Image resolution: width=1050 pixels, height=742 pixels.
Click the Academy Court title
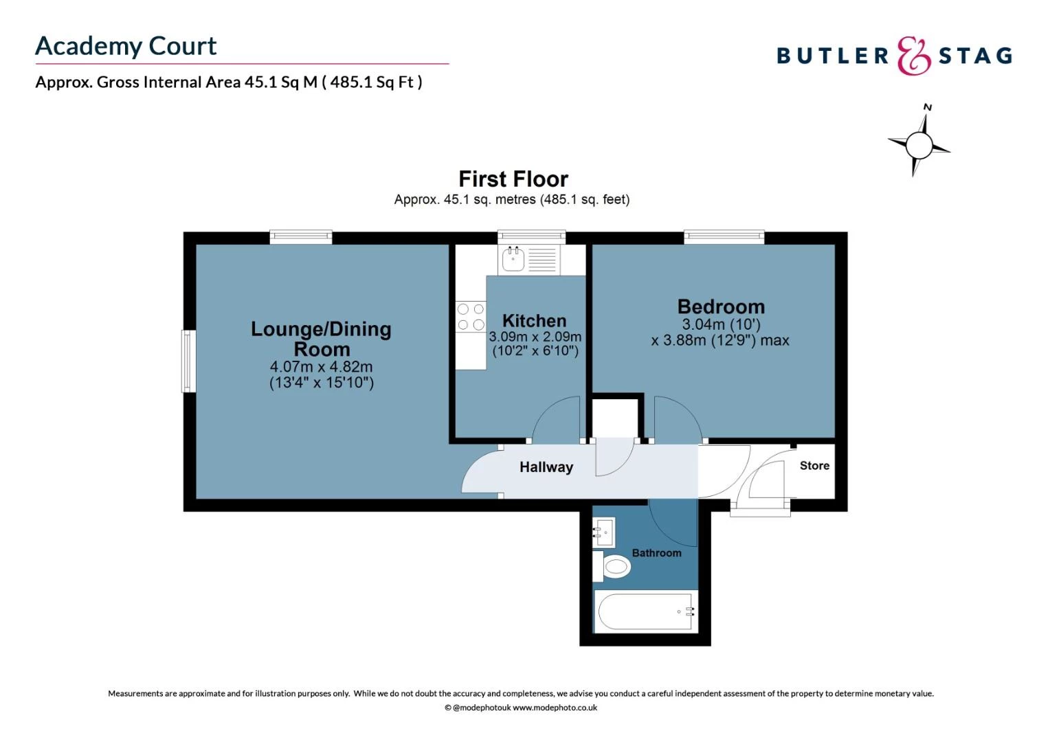[x=126, y=47]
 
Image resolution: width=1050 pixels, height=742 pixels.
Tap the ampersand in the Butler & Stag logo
[x=913, y=56]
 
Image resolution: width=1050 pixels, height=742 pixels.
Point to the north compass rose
[x=919, y=144]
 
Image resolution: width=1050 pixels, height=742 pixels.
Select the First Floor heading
[x=513, y=179]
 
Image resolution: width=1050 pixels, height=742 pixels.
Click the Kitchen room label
[x=534, y=321]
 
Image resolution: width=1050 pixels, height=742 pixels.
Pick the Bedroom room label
[x=720, y=306]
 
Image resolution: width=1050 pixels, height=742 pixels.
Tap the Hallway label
[x=546, y=467]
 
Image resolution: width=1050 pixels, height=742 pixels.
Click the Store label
[x=814, y=466]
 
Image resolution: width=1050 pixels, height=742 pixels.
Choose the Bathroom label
[x=656, y=553]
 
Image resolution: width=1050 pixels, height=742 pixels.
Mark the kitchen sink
[x=513, y=260]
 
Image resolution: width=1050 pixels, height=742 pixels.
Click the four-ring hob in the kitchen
[x=471, y=317]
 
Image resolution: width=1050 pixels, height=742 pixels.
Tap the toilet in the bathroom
[x=614, y=566]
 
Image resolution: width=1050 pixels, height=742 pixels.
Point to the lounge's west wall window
[x=188, y=361]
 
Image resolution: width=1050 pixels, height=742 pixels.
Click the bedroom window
[x=724, y=237]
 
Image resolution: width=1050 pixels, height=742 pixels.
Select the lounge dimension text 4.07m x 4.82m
[x=321, y=367]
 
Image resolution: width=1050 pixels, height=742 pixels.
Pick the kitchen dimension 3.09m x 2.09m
[x=535, y=337]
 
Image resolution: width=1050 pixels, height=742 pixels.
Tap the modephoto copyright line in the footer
[x=520, y=708]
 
